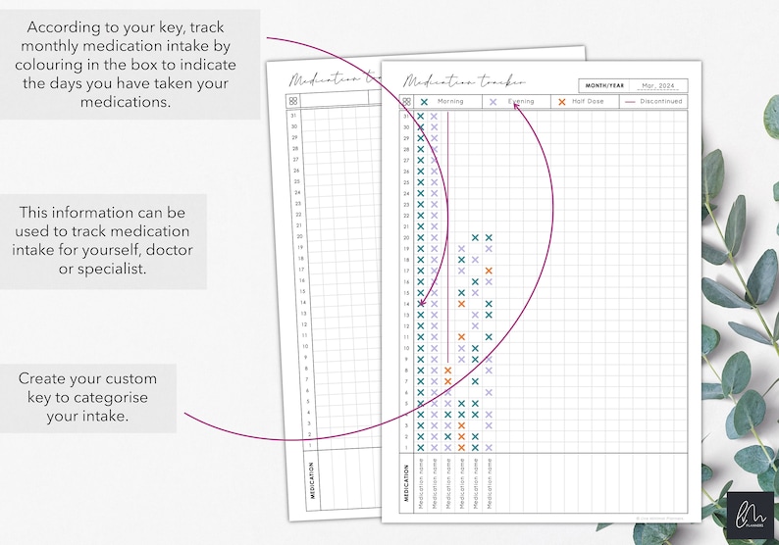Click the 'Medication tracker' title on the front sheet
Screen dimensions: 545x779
pyautogui.click(x=463, y=81)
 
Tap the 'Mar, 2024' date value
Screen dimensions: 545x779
pyautogui.click(x=657, y=85)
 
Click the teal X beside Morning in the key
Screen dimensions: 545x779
pyautogui.click(x=424, y=101)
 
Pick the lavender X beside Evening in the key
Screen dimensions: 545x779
pyautogui.click(x=493, y=101)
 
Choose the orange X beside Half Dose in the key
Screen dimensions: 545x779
pyautogui.click(x=561, y=101)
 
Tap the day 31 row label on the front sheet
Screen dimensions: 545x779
pyautogui.click(x=406, y=117)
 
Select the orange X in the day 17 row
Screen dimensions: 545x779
pyautogui.click(x=489, y=271)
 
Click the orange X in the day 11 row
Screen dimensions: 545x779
pyautogui.click(x=461, y=336)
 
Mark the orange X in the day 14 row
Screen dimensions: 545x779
pyautogui.click(x=461, y=304)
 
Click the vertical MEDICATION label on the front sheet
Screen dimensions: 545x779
pyautogui.click(x=405, y=481)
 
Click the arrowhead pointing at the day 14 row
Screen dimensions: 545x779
pyautogui.click(x=422, y=305)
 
